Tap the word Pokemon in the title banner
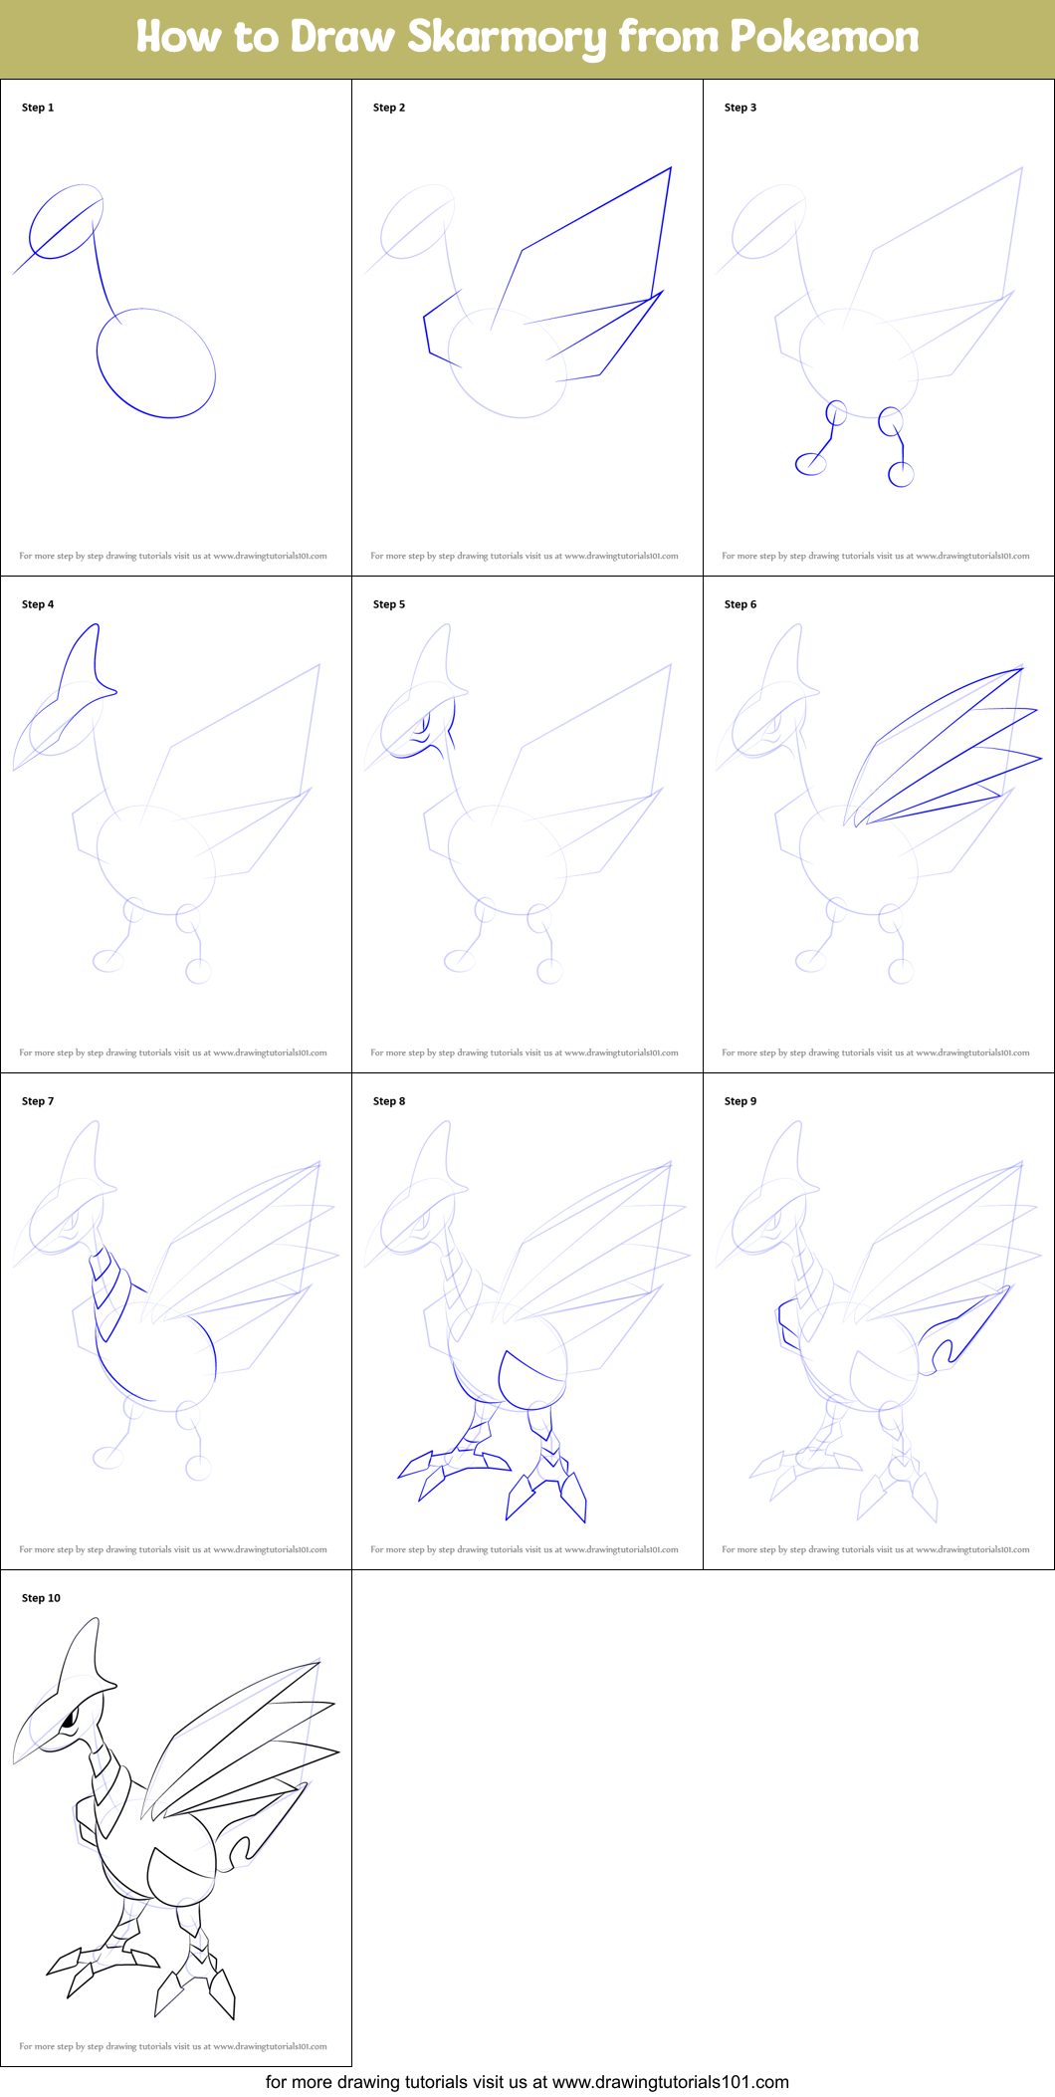tap(824, 37)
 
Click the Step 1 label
tap(38, 108)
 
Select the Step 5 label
tap(389, 604)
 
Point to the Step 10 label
tap(41, 1598)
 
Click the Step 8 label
tap(389, 1101)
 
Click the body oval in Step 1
tap(156, 362)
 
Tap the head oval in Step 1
tap(66, 221)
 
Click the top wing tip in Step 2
tap(670, 168)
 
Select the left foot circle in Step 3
tap(811, 463)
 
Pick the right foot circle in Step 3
tap(901, 475)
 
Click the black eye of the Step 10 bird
tap(70, 1717)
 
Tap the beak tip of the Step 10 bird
tap(15, 1760)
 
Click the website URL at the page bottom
tap(670, 2082)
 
